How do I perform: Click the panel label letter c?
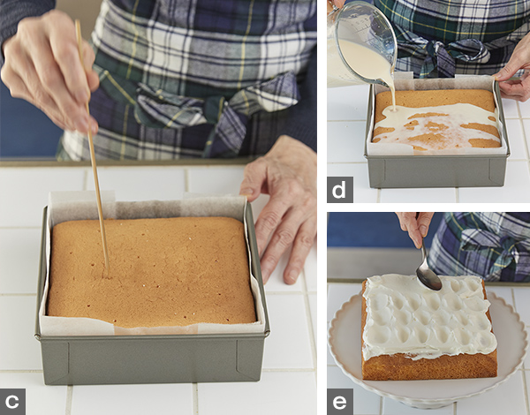coord(12,402)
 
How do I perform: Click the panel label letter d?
coord(339,190)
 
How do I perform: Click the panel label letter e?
coord(339,402)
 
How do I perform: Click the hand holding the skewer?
coord(50,69)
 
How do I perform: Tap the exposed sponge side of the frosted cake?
coord(429,366)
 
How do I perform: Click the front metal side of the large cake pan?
coord(152,361)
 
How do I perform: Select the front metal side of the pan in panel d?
coord(436,171)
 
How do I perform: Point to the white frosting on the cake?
coord(428,316)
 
